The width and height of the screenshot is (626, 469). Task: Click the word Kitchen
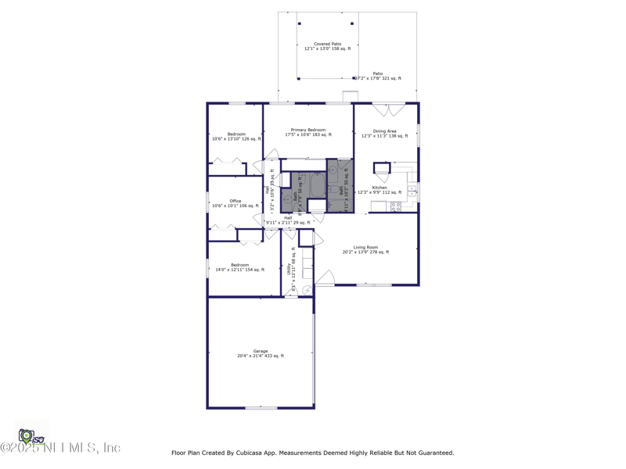[380, 188]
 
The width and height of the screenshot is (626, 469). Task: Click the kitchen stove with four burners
[396, 207]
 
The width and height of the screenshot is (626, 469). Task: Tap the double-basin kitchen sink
[412, 191]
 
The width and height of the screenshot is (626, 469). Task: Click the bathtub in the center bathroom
[317, 185]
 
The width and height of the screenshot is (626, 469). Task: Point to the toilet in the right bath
[333, 170]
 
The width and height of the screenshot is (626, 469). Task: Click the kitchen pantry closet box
[382, 168]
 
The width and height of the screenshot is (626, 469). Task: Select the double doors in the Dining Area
[388, 109]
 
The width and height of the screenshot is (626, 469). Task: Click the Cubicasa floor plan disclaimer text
[312, 453]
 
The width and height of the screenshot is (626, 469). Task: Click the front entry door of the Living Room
[325, 277]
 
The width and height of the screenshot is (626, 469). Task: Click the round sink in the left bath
[288, 200]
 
